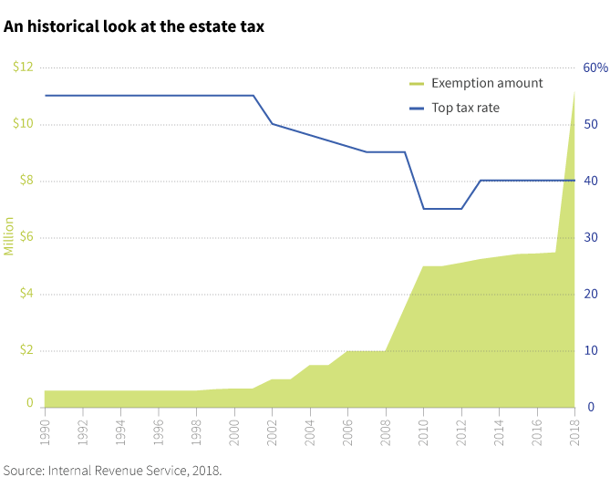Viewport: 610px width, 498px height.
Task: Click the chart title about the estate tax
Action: click(134, 26)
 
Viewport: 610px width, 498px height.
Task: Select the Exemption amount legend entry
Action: click(486, 83)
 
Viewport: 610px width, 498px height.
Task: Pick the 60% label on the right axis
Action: click(595, 67)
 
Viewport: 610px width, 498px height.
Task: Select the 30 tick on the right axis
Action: click(590, 237)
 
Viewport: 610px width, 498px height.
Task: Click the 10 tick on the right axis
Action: click(590, 350)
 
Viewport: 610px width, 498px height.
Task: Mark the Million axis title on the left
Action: click(9, 236)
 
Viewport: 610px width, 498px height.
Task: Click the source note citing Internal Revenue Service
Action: click(112, 471)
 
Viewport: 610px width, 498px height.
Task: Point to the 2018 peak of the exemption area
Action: click(574, 93)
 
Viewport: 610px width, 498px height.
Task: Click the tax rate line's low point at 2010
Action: click(424, 209)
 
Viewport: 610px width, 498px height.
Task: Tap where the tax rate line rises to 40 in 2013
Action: click(481, 181)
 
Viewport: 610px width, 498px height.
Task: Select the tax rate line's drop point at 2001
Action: click(253, 96)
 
